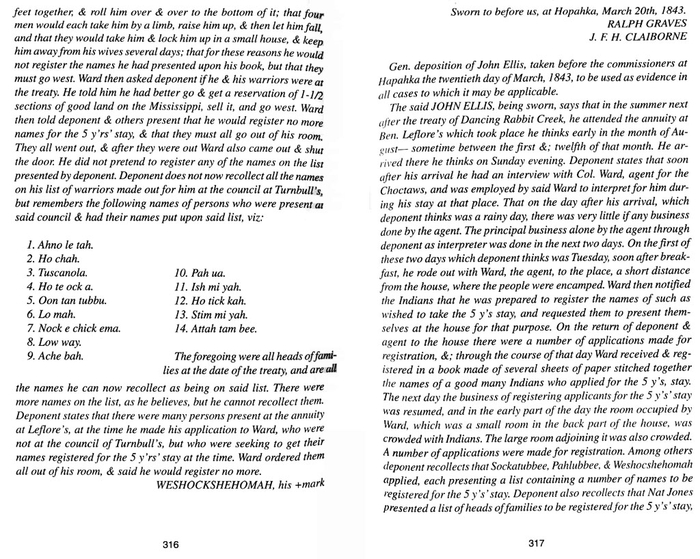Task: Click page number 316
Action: click(x=171, y=545)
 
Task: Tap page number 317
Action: click(x=536, y=544)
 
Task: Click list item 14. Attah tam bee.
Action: click(x=217, y=329)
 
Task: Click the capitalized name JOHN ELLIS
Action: click(x=460, y=107)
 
